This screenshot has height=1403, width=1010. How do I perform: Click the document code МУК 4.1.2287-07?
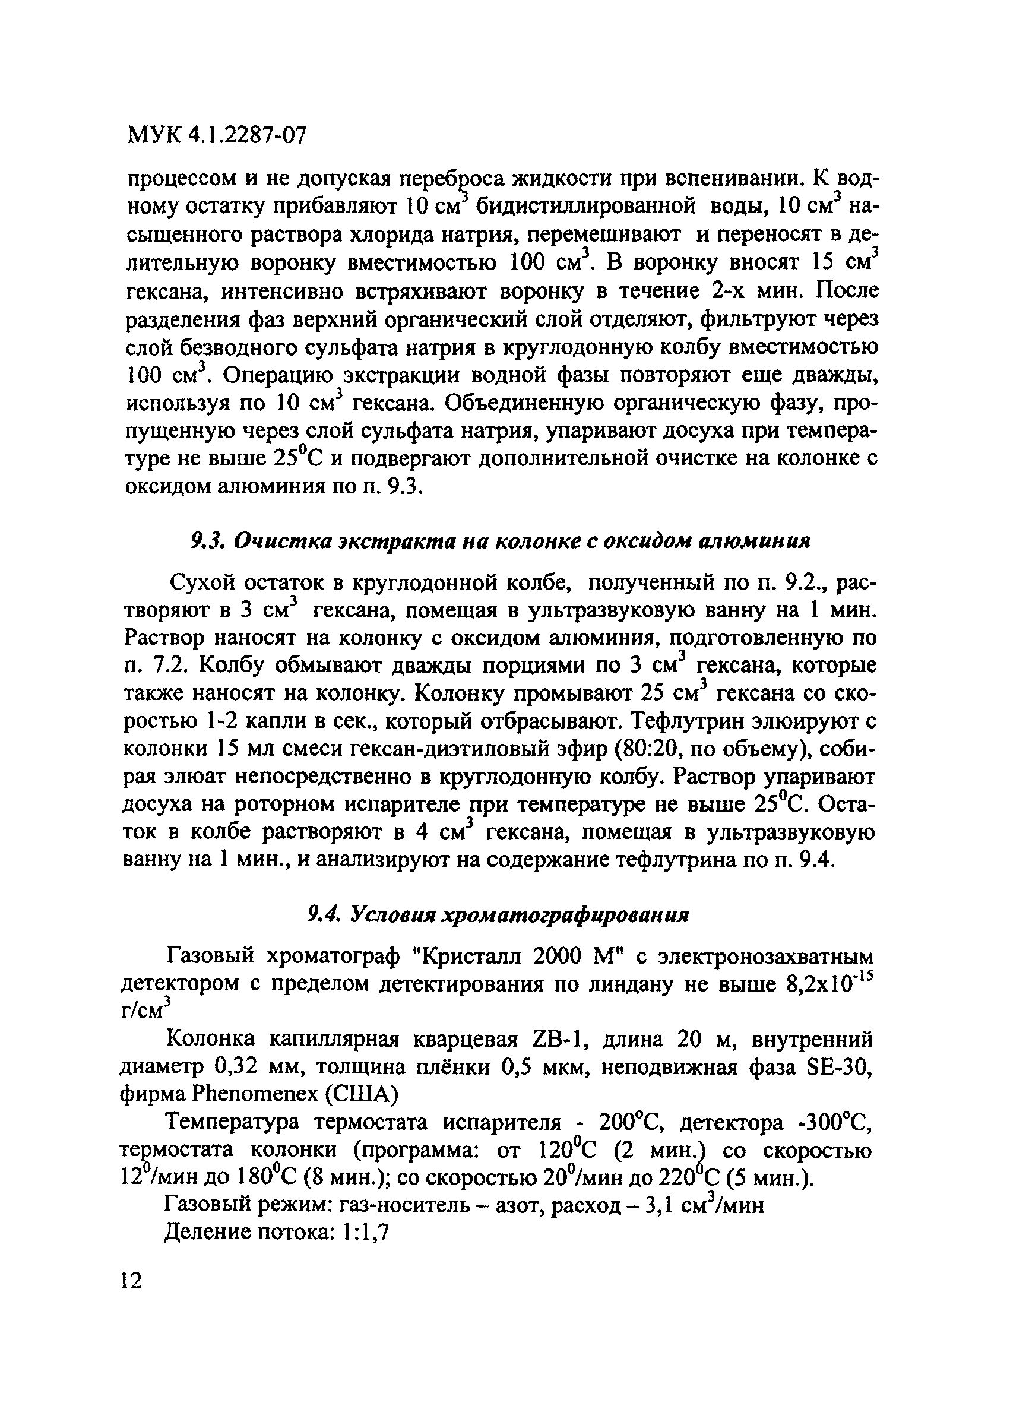pos(217,135)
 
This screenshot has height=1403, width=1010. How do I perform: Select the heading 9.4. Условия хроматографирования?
pos(499,915)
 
